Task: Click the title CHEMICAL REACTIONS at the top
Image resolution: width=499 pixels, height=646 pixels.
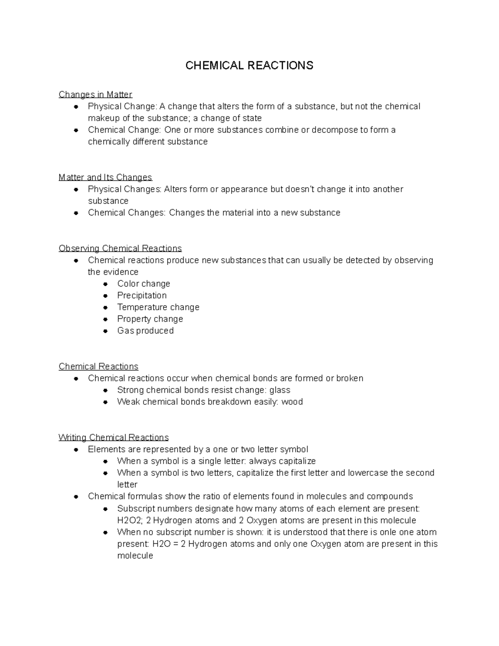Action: click(249, 65)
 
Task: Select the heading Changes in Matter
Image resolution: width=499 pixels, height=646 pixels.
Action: click(95, 94)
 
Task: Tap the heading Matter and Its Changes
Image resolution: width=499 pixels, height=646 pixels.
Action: click(105, 177)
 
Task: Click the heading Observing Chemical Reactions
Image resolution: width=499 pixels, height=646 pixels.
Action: click(120, 248)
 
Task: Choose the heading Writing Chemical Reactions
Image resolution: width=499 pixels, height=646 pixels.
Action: click(114, 437)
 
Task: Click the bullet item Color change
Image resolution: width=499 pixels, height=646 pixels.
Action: click(143, 284)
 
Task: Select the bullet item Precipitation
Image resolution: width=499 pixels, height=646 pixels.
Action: click(142, 295)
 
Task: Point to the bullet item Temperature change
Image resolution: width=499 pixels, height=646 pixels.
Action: click(158, 307)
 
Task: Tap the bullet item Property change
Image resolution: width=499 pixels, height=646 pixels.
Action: click(150, 319)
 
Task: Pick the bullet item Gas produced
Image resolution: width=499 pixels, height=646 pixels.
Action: click(145, 331)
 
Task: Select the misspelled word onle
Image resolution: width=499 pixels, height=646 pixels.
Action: click(389, 532)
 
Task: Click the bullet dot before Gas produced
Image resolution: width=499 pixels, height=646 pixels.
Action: click(106, 331)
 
